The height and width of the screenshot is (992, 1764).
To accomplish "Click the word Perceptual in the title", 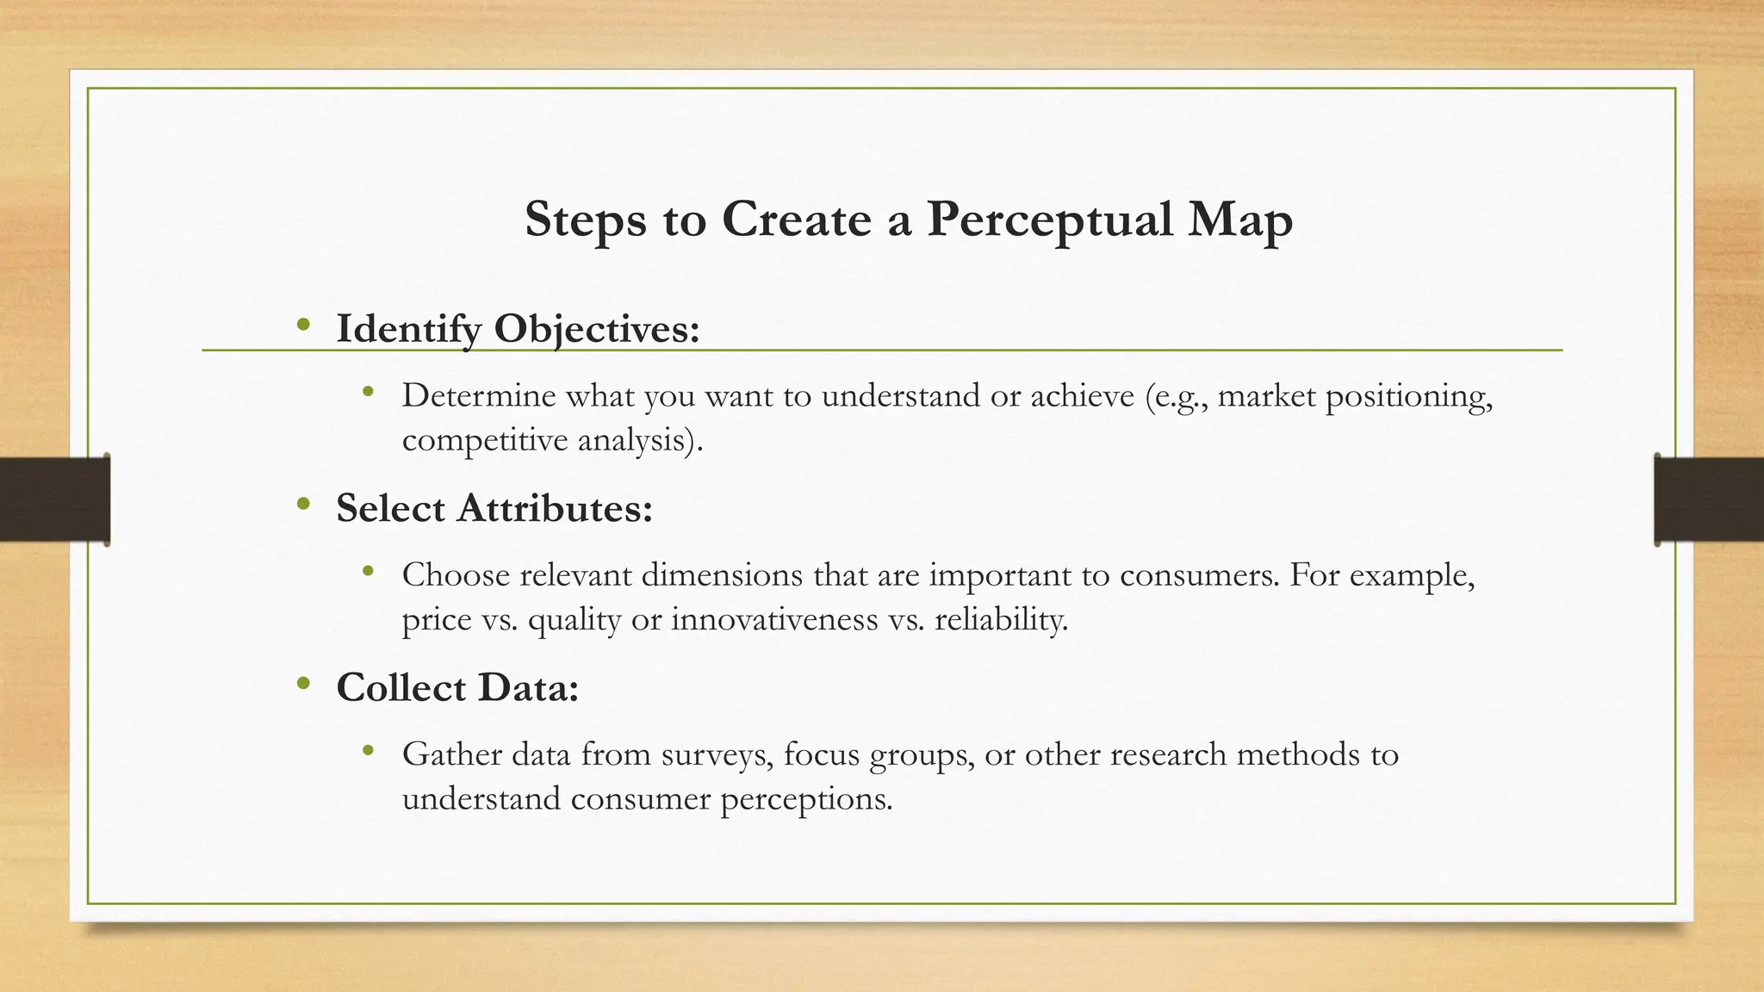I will [x=1049, y=220].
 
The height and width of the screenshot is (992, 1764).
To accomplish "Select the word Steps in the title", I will [x=586, y=220].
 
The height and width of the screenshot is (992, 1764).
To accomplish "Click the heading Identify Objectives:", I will [x=518, y=329].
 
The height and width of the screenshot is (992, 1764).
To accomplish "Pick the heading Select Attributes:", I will [x=494, y=508].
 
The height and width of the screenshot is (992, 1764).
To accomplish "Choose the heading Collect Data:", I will [x=457, y=687].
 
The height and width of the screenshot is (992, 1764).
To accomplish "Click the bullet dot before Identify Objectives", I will [x=302, y=325].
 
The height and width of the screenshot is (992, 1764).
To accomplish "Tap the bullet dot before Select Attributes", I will [x=302, y=505].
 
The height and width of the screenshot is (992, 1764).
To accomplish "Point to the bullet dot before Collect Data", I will [x=302, y=684].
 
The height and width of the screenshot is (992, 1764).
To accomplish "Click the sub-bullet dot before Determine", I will [x=369, y=393].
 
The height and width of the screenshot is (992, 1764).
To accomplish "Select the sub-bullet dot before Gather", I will [x=369, y=751].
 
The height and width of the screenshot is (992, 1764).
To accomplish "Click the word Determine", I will [x=478, y=396].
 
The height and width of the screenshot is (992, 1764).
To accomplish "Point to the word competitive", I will [x=484, y=441].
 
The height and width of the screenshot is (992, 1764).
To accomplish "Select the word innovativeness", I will [x=774, y=619].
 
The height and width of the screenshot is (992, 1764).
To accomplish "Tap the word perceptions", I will [x=806, y=800].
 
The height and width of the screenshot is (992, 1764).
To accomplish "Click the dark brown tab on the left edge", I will [x=54, y=499].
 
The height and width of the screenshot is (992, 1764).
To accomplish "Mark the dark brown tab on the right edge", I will [x=1709, y=499].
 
